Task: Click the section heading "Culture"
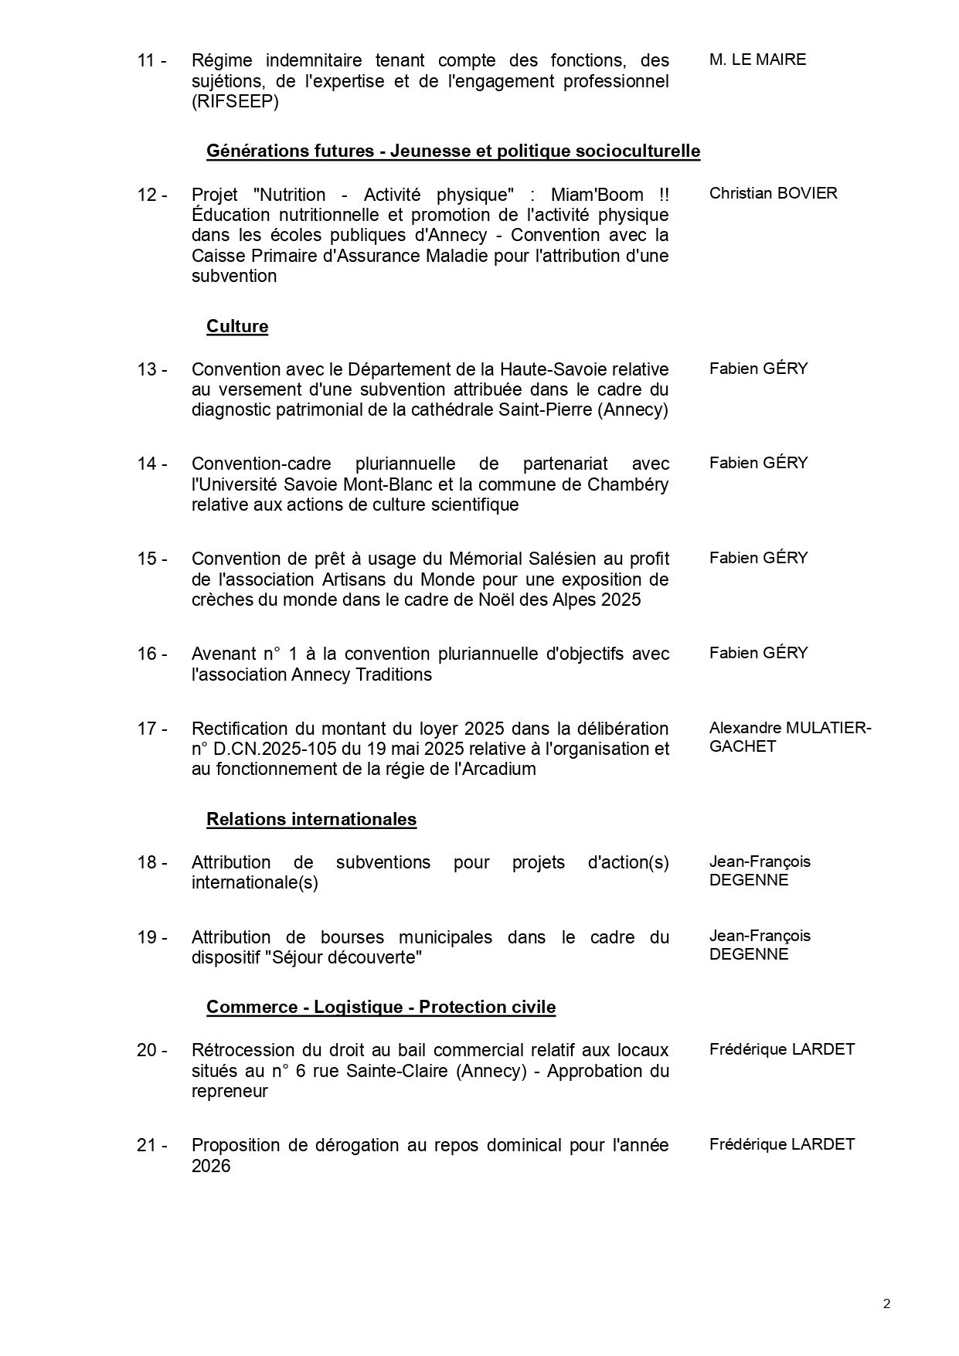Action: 237,327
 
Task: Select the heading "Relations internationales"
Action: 311,820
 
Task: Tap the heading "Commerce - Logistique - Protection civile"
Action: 381,1008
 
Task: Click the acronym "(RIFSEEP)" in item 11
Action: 235,101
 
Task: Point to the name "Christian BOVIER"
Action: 773,193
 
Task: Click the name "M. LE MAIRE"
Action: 757,59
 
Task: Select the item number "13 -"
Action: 152,369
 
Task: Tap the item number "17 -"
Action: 152,729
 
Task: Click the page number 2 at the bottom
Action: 886,1305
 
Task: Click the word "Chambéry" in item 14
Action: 622,484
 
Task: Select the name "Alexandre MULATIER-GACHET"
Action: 790,737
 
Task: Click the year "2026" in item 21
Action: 211,1166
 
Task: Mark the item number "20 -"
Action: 152,1050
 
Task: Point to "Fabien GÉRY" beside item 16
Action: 758,653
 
